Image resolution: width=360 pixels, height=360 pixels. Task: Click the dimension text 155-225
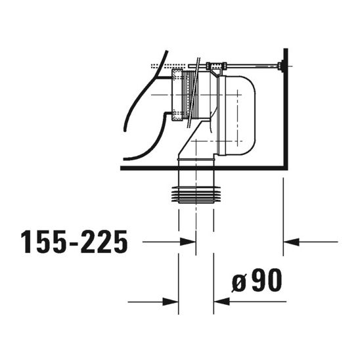click(x=74, y=242)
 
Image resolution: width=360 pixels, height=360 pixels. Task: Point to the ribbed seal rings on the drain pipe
click(x=196, y=193)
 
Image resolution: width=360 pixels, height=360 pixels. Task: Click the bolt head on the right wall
click(x=281, y=66)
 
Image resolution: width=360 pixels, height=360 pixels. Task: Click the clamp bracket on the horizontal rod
click(x=215, y=66)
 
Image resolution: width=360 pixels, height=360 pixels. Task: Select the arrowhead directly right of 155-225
click(x=190, y=242)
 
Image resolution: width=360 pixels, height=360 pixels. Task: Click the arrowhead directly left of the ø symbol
click(x=219, y=302)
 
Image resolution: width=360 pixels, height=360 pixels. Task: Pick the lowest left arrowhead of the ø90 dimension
click(x=172, y=302)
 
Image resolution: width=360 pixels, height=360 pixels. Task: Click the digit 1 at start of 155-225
click(x=28, y=242)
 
